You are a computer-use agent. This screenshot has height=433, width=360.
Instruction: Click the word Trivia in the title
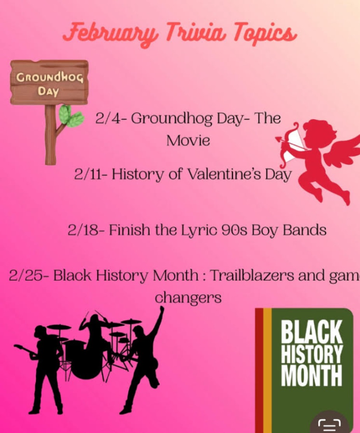pyautogui.click(x=196, y=32)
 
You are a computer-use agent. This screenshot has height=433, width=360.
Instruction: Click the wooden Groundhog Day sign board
pyautogui.click(x=49, y=82)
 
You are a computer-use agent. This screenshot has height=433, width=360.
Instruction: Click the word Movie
pyautogui.click(x=188, y=141)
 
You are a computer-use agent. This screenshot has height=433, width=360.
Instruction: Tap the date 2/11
pyautogui.click(x=88, y=174)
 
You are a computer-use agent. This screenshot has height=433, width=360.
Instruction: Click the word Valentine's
pyautogui.click(x=224, y=174)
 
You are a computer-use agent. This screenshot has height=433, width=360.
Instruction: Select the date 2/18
pyautogui.click(x=83, y=230)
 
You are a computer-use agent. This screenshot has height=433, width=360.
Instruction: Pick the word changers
pyautogui.click(x=188, y=298)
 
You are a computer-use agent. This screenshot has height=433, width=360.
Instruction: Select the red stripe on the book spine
pyautogui.click(x=259, y=370)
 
